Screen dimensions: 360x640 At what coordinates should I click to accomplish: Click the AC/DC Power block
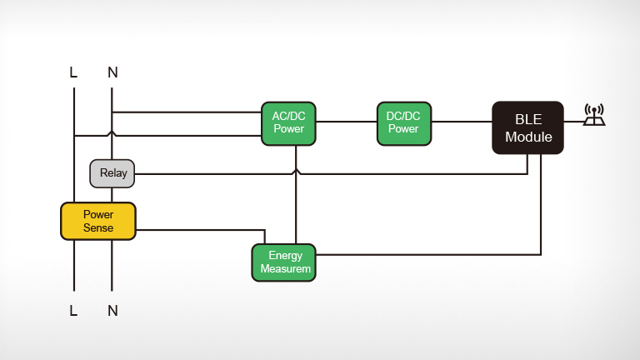coord(288,123)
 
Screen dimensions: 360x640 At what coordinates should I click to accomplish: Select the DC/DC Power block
coord(404,123)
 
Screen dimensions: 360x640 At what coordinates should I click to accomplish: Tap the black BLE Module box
coord(527,127)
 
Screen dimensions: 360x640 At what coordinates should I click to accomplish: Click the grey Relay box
coord(112,173)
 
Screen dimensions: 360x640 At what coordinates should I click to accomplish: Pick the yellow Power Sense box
coord(98,221)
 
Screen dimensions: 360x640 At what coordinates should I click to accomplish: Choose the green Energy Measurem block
coord(284,262)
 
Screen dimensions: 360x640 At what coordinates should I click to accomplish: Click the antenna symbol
coord(594,115)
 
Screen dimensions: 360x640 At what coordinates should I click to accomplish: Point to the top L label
coord(74,72)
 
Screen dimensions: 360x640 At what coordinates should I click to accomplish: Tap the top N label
coord(112,72)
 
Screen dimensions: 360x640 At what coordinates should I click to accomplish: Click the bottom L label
coord(74,311)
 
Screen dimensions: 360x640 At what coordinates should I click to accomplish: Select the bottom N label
coord(112,311)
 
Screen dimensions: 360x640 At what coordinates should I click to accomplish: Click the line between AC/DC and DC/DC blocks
coord(346,122)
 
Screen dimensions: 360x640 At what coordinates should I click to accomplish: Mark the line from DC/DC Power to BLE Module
coord(462,122)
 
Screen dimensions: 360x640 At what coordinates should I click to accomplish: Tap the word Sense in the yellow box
coord(98,227)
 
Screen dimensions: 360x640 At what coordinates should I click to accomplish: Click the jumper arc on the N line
coord(112,133)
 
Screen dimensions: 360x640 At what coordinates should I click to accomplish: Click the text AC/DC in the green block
coord(288,117)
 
